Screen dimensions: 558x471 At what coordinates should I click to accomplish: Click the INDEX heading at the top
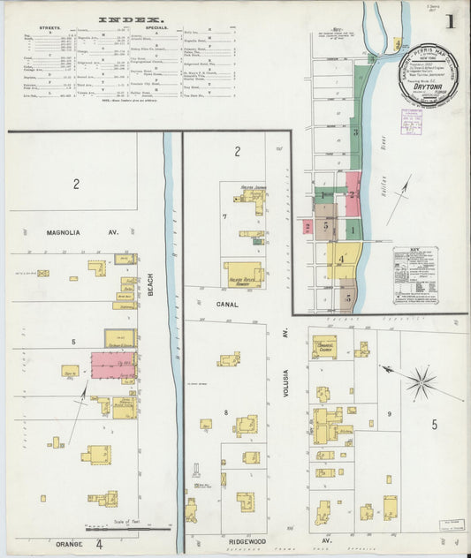coord(130,19)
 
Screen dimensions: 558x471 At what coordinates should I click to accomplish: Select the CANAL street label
coord(227,303)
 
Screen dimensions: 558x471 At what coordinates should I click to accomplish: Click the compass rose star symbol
coord(422,382)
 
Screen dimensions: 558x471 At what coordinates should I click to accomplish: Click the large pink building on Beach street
coord(113,364)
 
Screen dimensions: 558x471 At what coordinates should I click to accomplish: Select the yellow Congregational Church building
coord(324,345)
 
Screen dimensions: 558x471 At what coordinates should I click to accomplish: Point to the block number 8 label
coord(226,412)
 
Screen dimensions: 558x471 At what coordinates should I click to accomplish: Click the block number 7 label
coord(225,216)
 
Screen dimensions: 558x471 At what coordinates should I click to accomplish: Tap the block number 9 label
coord(388,414)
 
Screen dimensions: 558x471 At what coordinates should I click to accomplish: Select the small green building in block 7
coord(257,240)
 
